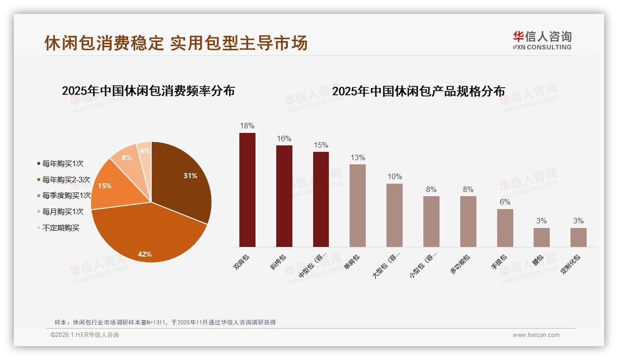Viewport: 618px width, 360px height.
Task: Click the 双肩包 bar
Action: (x=247, y=190)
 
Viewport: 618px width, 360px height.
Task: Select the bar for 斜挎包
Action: (x=284, y=196)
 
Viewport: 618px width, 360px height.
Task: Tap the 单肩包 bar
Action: (x=357, y=205)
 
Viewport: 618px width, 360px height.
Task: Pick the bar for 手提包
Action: (x=505, y=228)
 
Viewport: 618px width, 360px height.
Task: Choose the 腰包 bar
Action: (x=541, y=237)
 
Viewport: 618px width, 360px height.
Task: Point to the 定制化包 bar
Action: (x=578, y=237)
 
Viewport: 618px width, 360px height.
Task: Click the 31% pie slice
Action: (x=182, y=180)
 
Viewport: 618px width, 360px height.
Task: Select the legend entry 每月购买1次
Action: (x=63, y=212)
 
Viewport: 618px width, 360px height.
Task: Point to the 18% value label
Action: (x=247, y=126)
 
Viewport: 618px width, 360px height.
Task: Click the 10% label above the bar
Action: (x=394, y=177)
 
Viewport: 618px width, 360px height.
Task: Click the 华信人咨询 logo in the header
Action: (x=542, y=40)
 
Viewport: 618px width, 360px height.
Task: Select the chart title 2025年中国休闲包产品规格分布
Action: (x=418, y=91)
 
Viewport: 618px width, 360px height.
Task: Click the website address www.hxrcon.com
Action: (x=536, y=335)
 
